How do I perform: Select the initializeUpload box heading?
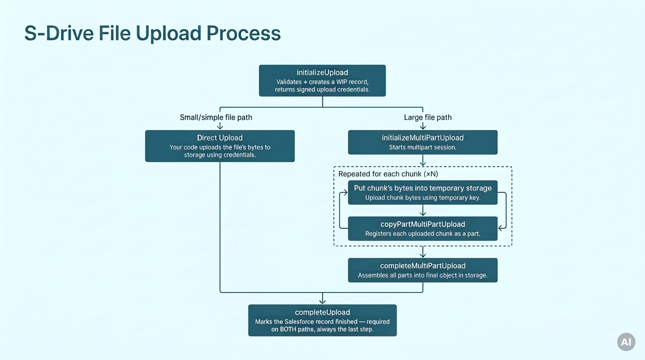[322, 72]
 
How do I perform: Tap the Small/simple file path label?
[216, 117]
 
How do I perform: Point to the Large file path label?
[427, 117]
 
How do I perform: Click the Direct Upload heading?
[220, 138]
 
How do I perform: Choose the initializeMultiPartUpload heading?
[423, 138]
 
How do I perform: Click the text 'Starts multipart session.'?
[423, 148]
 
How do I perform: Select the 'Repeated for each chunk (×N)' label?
[388, 174]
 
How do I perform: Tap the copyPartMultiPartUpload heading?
[423, 224]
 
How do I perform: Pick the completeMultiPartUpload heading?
[423, 265]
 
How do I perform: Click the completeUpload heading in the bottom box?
[322, 312]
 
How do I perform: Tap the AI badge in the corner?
[626, 342]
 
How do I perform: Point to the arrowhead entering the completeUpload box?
[322, 301]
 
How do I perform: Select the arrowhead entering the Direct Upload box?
[220, 127]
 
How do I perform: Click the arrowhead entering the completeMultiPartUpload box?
[423, 255]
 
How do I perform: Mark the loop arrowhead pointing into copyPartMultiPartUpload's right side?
[501, 228]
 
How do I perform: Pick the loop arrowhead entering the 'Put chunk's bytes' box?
[345, 192]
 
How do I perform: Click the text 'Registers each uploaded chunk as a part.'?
[423, 233]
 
